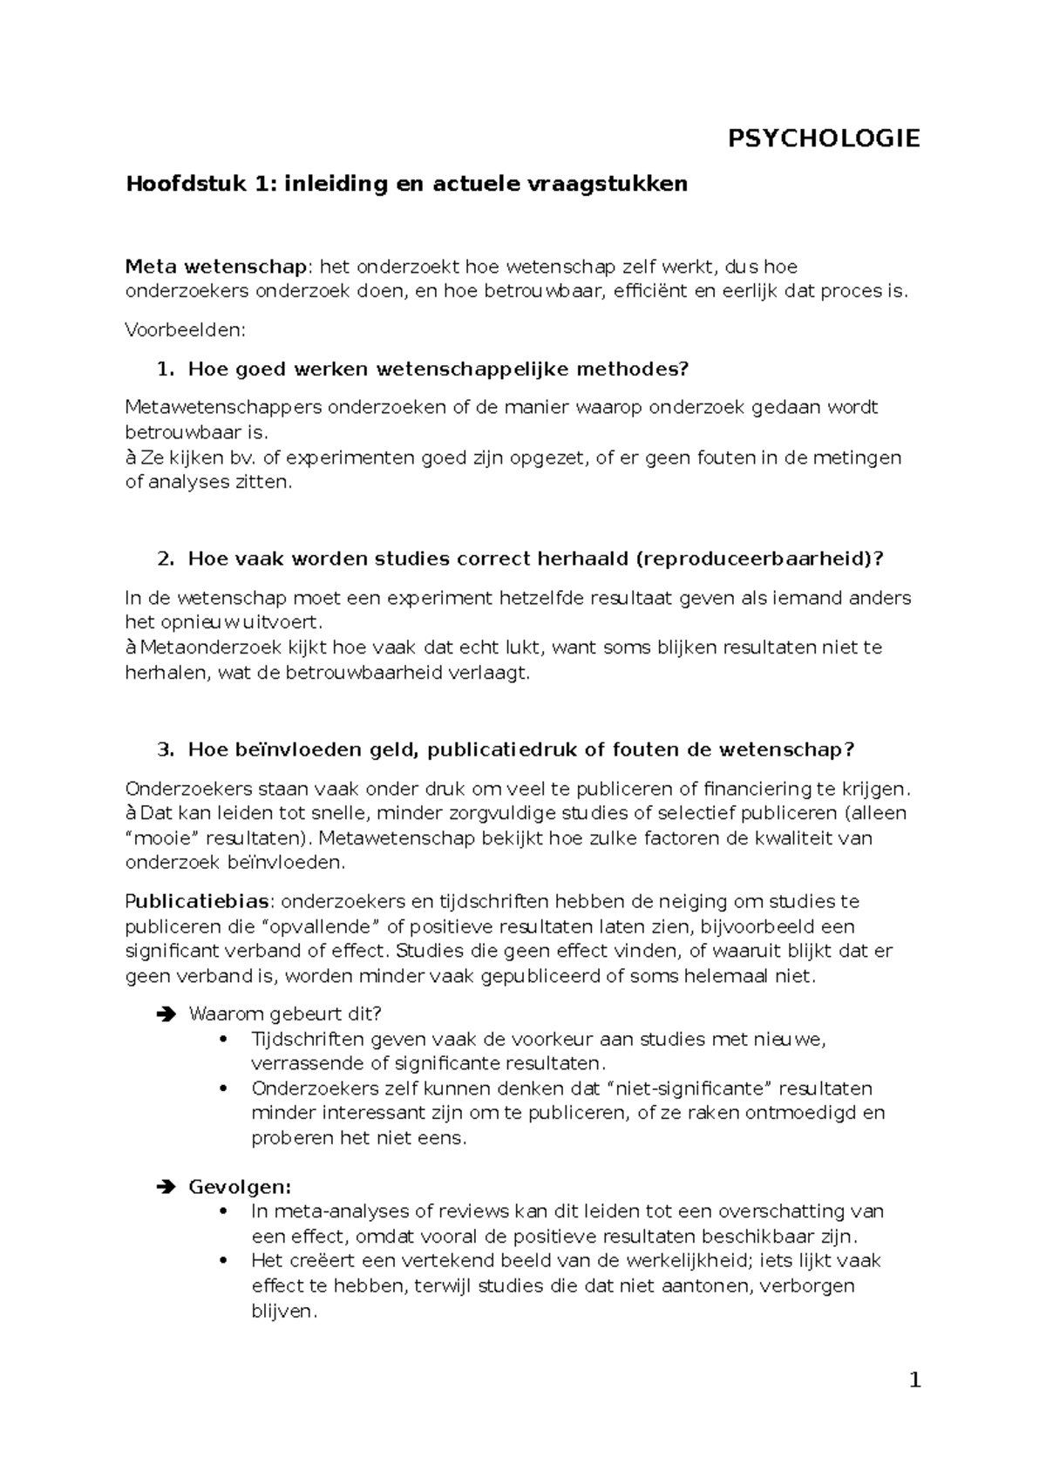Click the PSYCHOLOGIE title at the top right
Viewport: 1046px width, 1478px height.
pyautogui.click(x=824, y=139)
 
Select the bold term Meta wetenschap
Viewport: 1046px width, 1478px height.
pyautogui.click(x=216, y=266)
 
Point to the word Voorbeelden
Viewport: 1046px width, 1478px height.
pyautogui.click(x=186, y=330)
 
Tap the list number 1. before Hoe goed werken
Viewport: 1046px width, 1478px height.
pyautogui.click(x=165, y=369)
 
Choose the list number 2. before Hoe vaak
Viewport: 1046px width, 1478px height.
pyautogui.click(x=165, y=559)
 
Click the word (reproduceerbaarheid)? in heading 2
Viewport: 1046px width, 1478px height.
pyautogui.click(x=760, y=559)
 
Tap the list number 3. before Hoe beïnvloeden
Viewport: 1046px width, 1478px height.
pyautogui.click(x=165, y=750)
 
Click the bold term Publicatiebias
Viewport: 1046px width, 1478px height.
pyautogui.click(x=200, y=901)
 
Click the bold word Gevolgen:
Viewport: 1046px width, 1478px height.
pyautogui.click(x=240, y=1187)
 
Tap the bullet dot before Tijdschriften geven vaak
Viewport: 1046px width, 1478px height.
pyautogui.click(x=225, y=1039)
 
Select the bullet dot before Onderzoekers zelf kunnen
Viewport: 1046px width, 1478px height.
pyautogui.click(x=225, y=1088)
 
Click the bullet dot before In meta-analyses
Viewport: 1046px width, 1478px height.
pyautogui.click(x=225, y=1211)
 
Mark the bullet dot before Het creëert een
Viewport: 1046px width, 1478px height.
pyautogui.click(x=225, y=1261)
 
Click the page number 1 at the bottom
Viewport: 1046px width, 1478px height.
pyautogui.click(x=914, y=1380)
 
